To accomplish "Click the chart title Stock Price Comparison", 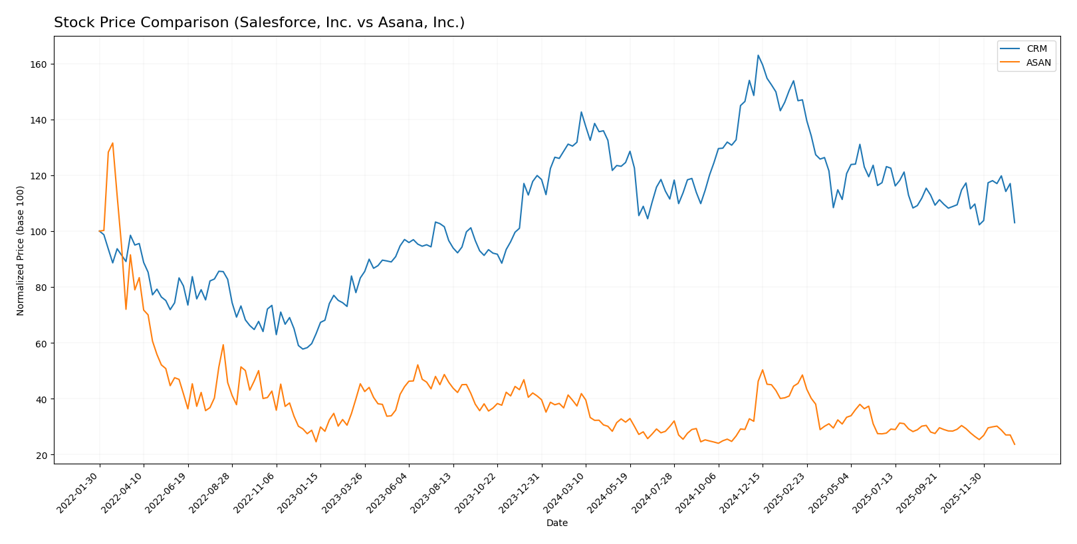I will coord(259,23).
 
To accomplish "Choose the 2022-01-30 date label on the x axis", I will coord(78,492).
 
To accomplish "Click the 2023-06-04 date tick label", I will coord(388,492).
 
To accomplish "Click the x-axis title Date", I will coord(557,523).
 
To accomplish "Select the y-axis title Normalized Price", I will coord(21,250).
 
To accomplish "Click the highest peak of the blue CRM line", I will coord(758,55).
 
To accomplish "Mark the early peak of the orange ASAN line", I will coord(112,143).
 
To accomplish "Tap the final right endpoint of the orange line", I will coord(1015,444).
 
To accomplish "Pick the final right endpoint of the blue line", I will coord(1015,223).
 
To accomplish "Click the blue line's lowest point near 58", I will coord(302,349).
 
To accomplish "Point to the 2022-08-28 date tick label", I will coord(211,492).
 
